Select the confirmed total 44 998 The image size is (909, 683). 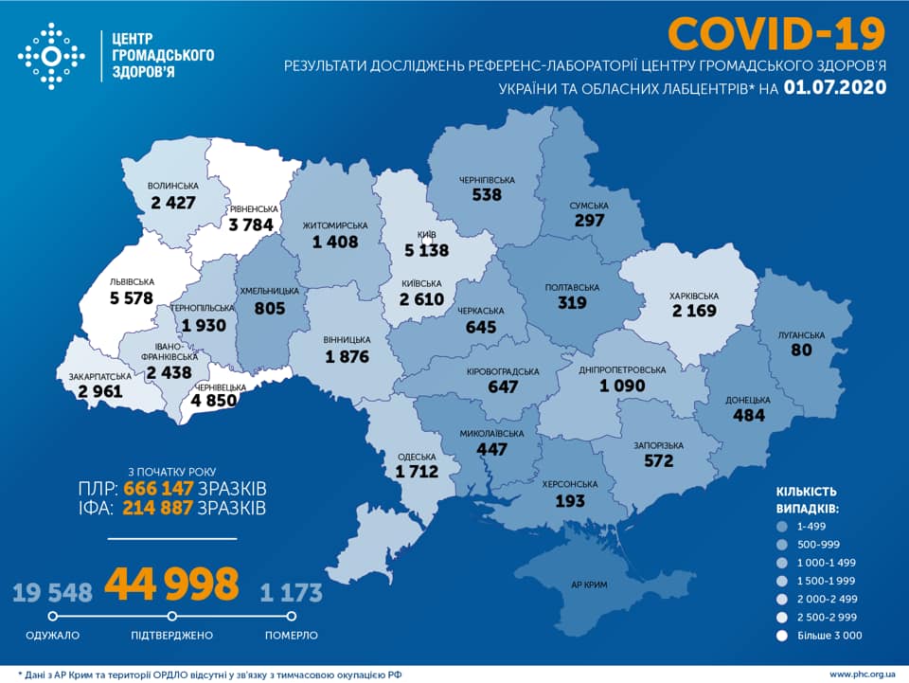coord(171,584)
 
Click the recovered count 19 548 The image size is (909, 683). coord(52,593)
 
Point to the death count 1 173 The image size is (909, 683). coord(292,593)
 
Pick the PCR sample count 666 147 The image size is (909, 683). coord(158,488)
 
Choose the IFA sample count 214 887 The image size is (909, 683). coord(158,509)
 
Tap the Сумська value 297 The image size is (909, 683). coord(589,220)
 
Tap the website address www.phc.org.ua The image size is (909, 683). coord(861,674)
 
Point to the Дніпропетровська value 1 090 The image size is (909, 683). coord(622,386)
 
